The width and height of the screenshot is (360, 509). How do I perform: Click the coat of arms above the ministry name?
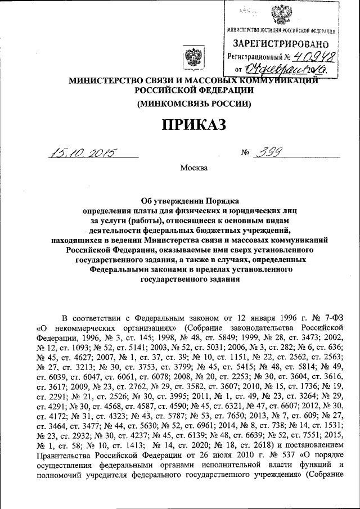click(x=193, y=59)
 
